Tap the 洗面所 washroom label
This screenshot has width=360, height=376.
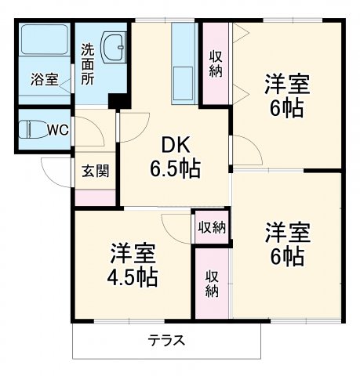point(88,63)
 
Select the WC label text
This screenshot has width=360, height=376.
point(57,129)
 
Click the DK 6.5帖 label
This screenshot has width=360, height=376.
point(174,157)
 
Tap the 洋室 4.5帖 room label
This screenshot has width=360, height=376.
point(133,265)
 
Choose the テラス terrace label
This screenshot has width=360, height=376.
point(166,341)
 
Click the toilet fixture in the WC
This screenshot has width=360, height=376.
point(34,128)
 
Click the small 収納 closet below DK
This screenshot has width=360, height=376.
point(212,227)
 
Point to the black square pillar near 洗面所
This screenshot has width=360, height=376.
point(119,102)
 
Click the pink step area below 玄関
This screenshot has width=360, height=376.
point(95,196)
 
